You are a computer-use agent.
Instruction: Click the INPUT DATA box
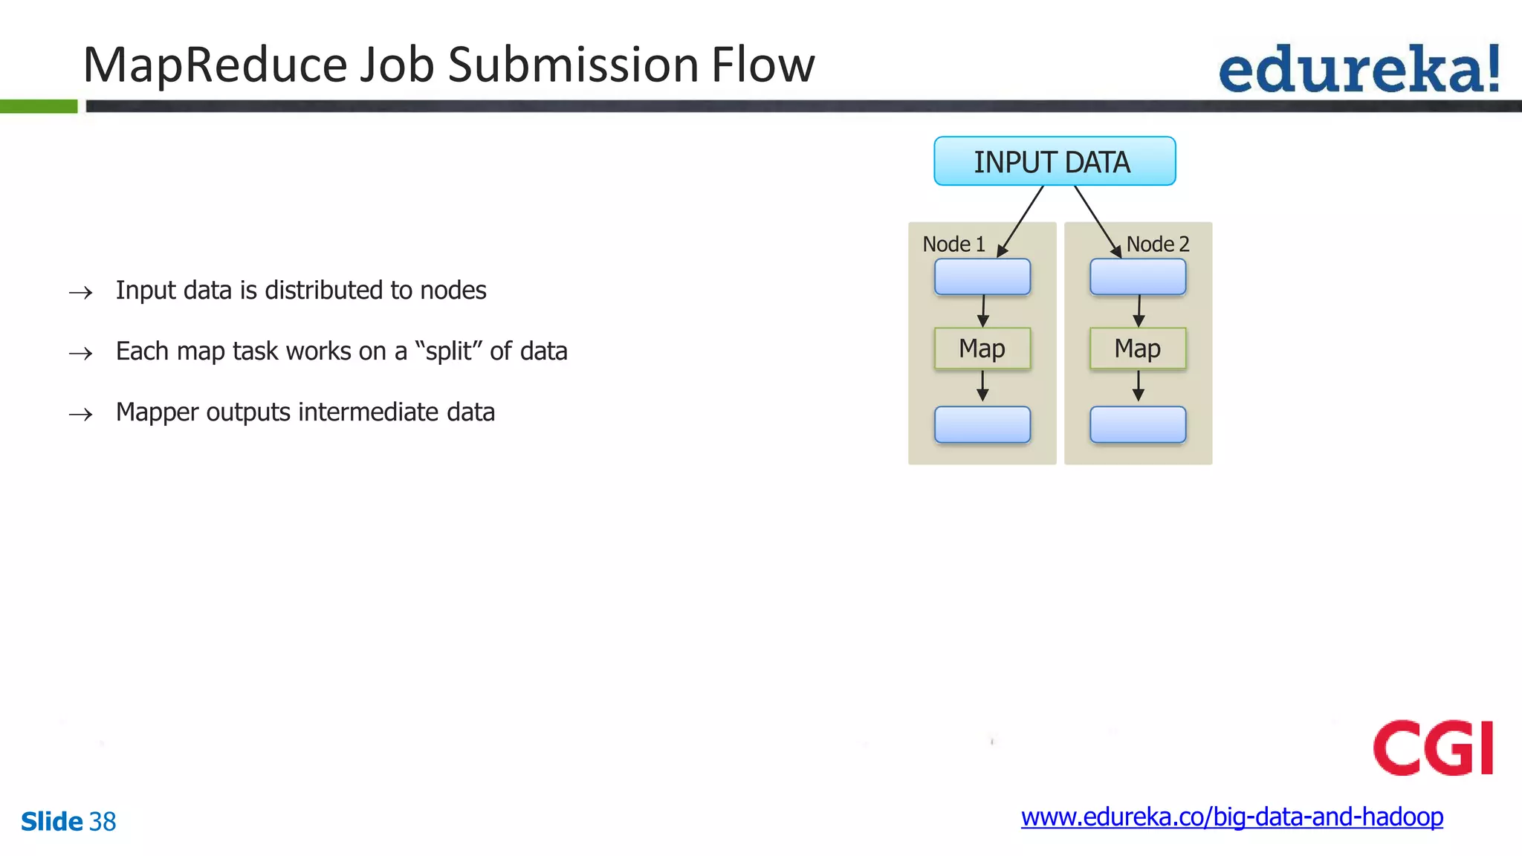coord(1054,161)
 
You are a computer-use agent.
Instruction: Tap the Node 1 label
coord(953,244)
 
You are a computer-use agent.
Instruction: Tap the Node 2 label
coord(1157,244)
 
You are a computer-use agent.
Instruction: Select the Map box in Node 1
coord(982,348)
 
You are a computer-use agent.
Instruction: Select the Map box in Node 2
coord(1137,348)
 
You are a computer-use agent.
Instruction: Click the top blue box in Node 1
coord(982,276)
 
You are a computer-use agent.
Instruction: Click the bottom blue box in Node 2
coord(1137,424)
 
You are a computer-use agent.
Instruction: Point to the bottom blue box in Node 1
coord(982,424)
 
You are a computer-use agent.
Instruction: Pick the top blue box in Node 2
coord(1137,276)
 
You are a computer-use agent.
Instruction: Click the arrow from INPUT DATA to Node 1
coord(1021,221)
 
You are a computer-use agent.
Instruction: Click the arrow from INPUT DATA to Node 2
coord(1097,221)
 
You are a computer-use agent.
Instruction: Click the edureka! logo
coord(1359,69)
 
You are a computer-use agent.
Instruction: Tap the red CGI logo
coord(1433,748)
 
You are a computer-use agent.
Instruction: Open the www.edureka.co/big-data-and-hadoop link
coord(1231,817)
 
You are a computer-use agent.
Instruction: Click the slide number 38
coord(103,821)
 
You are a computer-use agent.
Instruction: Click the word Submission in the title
coord(572,65)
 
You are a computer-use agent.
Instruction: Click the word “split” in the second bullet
coord(448,351)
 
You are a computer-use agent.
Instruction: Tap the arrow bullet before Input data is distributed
coord(80,292)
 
